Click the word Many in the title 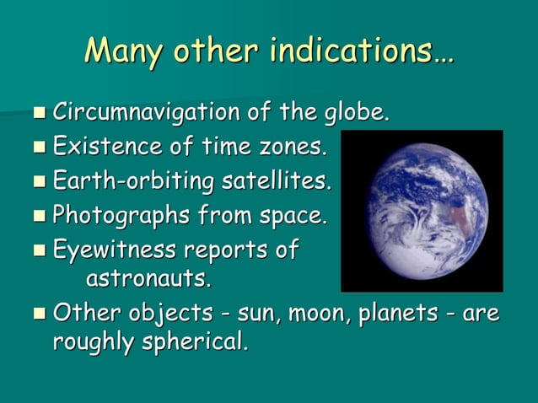coord(123,52)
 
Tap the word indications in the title coord(362,52)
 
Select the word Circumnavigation coord(146,112)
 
